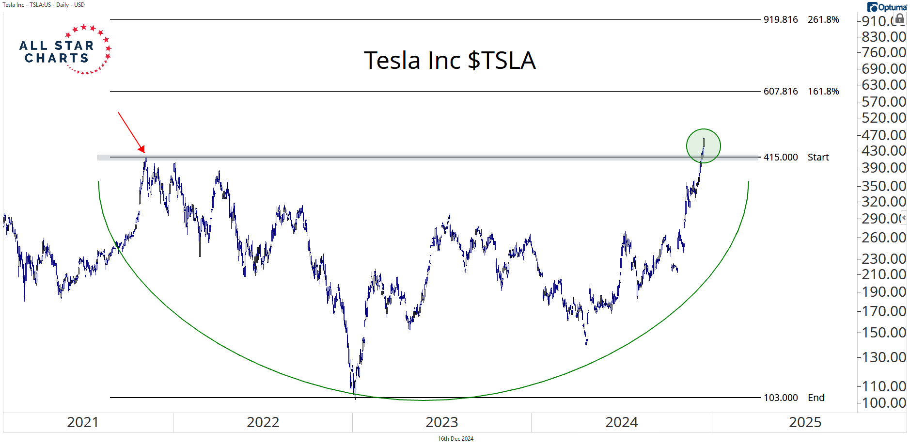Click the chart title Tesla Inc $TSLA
pyautogui.click(x=450, y=61)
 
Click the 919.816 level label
pyautogui.click(x=781, y=19)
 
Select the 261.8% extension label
pyautogui.click(x=823, y=19)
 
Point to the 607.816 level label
pyautogui.click(x=781, y=91)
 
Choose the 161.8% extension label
pyautogui.click(x=823, y=91)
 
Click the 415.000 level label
pyautogui.click(x=781, y=157)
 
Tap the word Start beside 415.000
pyautogui.click(x=818, y=157)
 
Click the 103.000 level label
pyautogui.click(x=781, y=398)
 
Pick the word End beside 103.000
pyautogui.click(x=816, y=398)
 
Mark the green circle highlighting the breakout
pyautogui.click(x=704, y=145)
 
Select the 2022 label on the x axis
pyautogui.click(x=263, y=422)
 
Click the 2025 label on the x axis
pyautogui.click(x=805, y=422)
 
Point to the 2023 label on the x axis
pyautogui.click(x=442, y=422)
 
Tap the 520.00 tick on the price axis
pyautogui.click(x=884, y=118)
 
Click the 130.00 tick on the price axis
pyautogui.click(x=884, y=357)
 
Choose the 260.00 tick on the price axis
pyautogui.click(x=884, y=238)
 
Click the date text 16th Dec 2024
pyautogui.click(x=455, y=439)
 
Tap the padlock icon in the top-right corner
pyautogui.click(x=899, y=18)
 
